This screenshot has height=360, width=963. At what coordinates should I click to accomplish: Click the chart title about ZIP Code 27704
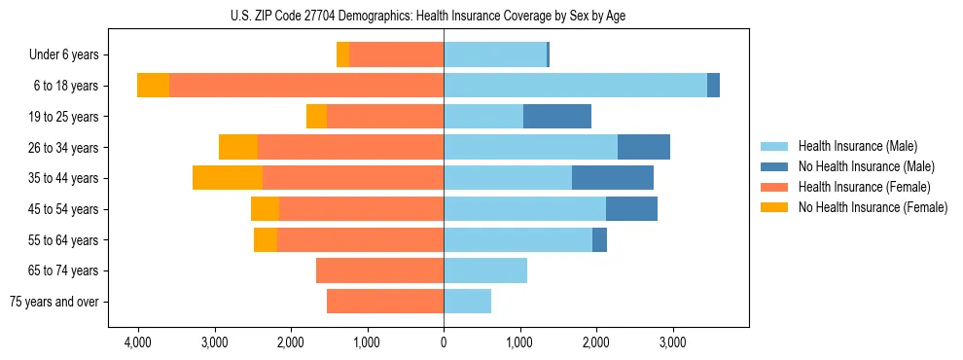click(444, 15)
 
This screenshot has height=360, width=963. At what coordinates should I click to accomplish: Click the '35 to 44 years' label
click(65, 178)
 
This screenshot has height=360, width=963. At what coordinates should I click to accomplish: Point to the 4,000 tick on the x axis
click(137, 342)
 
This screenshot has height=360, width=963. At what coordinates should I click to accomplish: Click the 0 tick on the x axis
click(444, 342)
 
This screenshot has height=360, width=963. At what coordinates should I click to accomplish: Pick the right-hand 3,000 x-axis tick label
click(672, 342)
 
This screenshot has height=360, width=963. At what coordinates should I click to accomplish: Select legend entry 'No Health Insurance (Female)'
click(873, 207)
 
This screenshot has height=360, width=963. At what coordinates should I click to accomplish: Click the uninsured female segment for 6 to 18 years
click(153, 86)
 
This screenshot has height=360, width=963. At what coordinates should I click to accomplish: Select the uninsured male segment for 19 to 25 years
click(557, 117)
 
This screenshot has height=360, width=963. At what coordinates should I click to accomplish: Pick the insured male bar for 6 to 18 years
click(575, 86)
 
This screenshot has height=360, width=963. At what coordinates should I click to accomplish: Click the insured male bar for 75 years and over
click(467, 302)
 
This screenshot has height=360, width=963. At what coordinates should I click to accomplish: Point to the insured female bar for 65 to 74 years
click(379, 270)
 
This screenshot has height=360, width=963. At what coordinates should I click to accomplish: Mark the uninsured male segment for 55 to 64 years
click(599, 239)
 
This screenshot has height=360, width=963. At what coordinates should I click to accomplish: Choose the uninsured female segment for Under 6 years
click(342, 55)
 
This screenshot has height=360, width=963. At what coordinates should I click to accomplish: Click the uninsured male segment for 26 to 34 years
click(644, 147)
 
